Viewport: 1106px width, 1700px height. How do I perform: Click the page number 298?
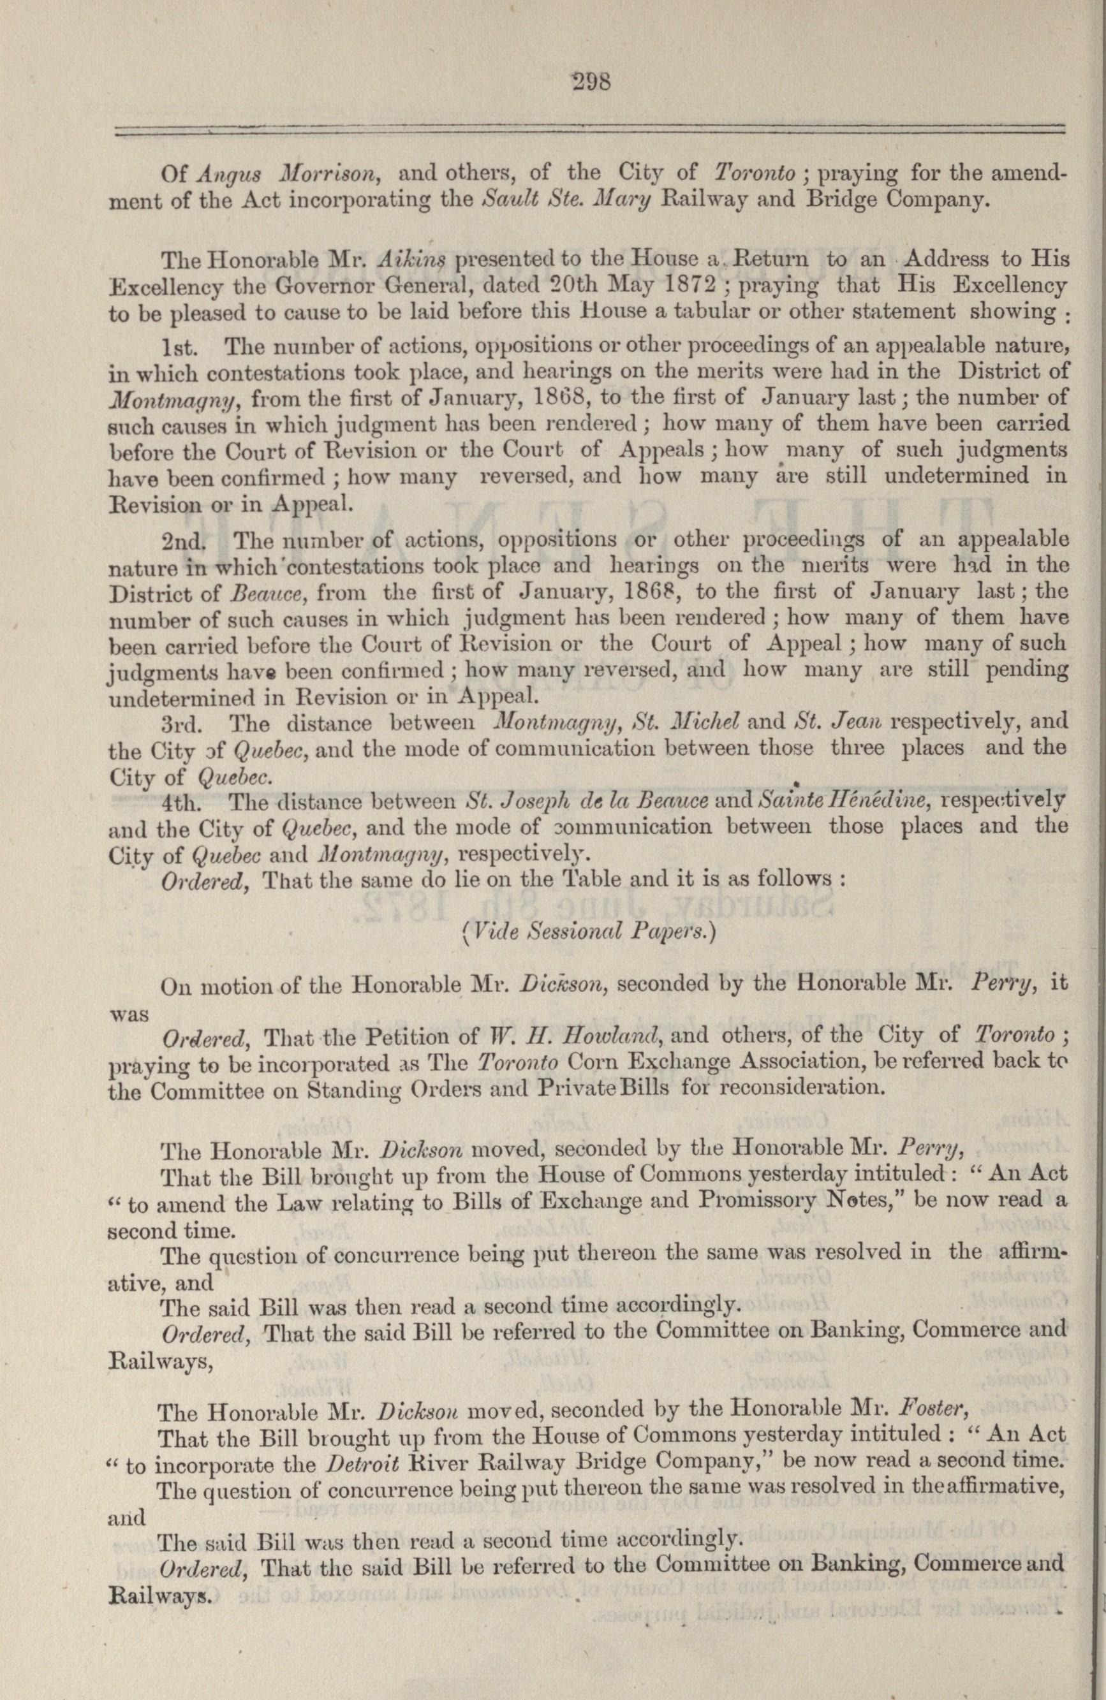[x=591, y=82]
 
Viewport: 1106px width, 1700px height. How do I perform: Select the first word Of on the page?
[x=174, y=173]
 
